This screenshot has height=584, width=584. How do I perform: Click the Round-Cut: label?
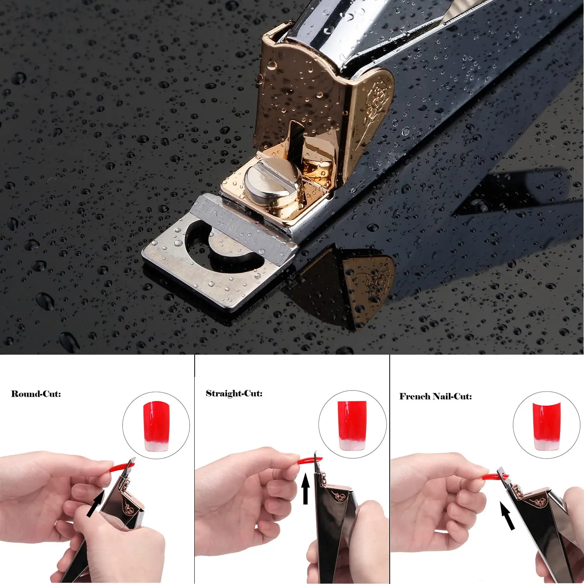click(x=36, y=394)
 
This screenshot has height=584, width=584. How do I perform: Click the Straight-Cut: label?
click(x=234, y=393)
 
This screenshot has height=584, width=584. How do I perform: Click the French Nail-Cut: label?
click(x=435, y=396)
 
